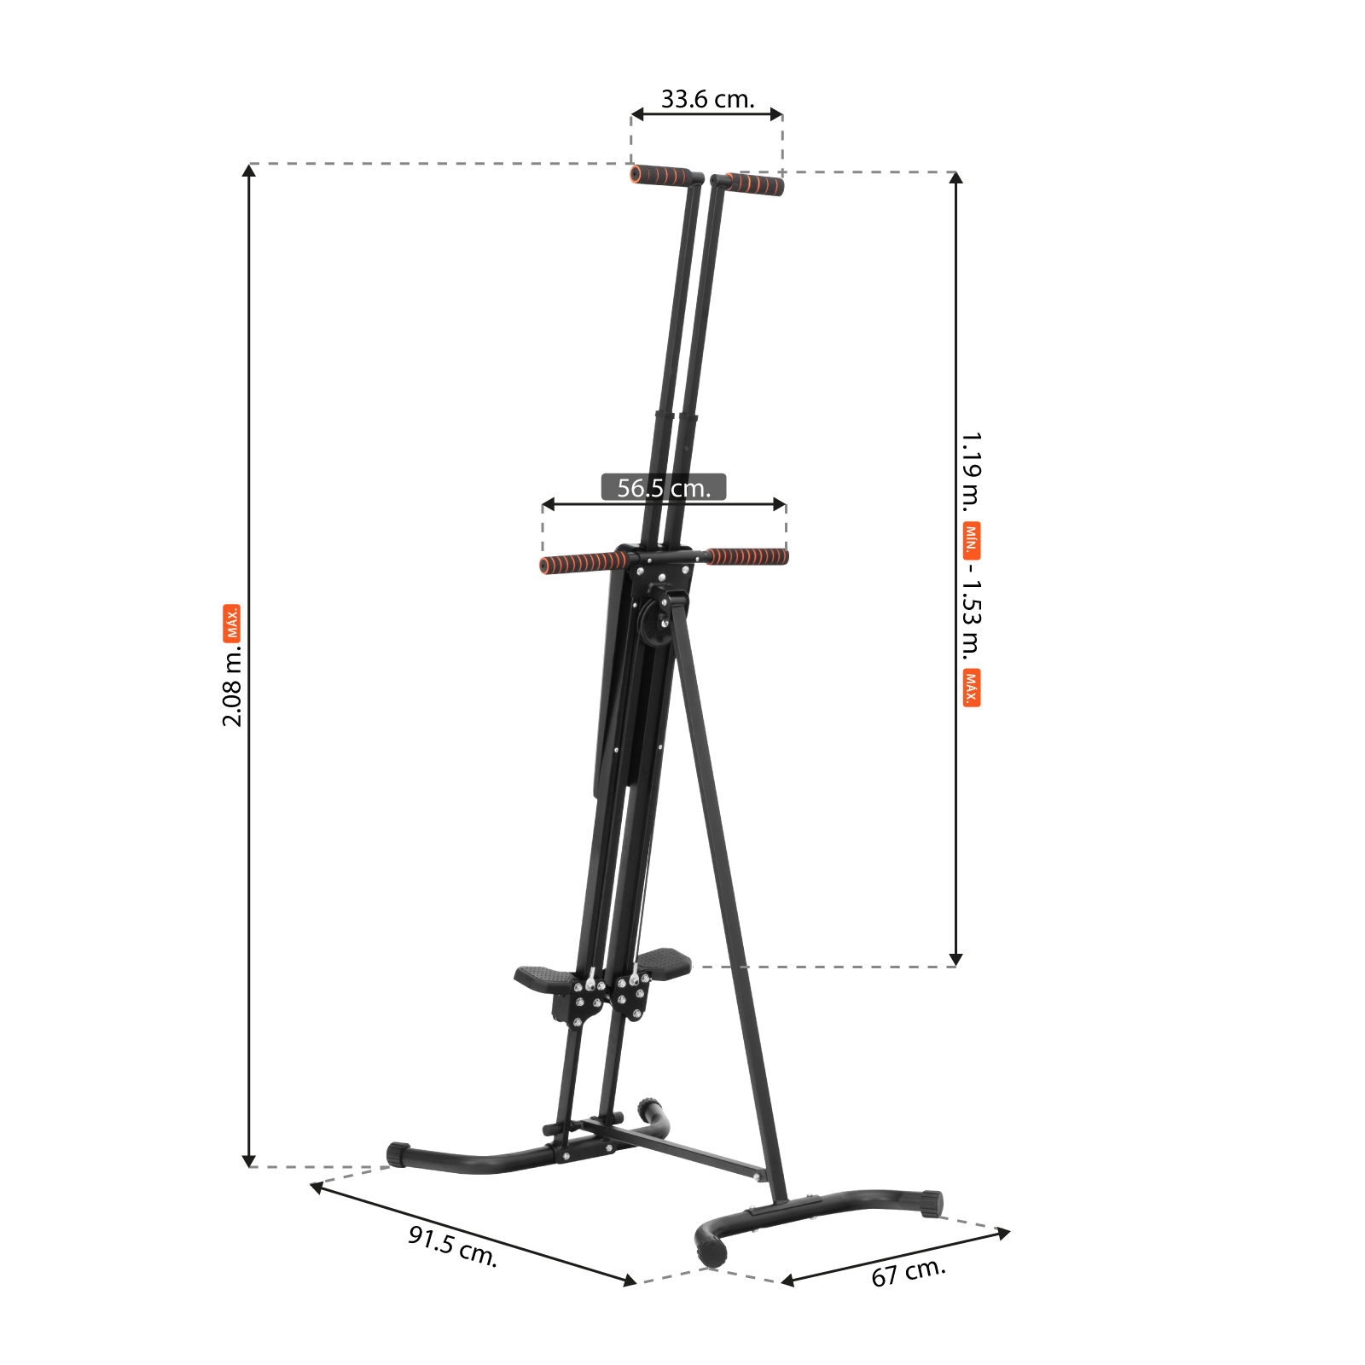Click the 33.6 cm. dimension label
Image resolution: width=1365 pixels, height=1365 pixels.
[x=707, y=99]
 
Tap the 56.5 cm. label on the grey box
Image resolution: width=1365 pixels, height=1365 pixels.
[x=664, y=488]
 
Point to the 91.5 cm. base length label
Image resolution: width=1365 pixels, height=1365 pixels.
[x=452, y=1246]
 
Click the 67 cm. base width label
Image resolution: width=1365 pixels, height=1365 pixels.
[x=909, y=1272]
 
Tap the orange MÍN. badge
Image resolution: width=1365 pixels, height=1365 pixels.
[x=971, y=540]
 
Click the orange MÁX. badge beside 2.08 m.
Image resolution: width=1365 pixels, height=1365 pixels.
[x=232, y=623]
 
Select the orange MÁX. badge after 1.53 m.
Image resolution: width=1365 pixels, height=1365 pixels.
[x=971, y=688]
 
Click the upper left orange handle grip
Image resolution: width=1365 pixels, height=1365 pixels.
[x=660, y=176]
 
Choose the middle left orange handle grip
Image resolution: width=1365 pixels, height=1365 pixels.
[x=582, y=563]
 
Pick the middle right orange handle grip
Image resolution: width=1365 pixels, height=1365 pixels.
[x=747, y=557]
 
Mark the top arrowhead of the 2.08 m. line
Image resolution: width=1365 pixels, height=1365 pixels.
[x=249, y=171]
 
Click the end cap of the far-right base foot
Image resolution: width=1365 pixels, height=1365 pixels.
[x=932, y=1204]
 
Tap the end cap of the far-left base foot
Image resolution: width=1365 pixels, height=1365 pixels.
[x=398, y=1154]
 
